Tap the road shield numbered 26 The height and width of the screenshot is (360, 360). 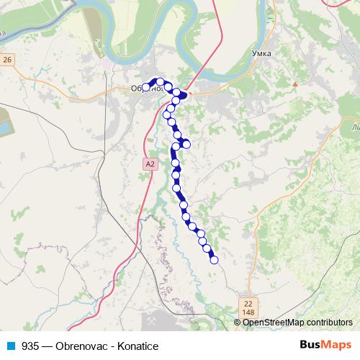[x=8, y=59]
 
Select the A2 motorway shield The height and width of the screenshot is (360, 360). [x=149, y=164]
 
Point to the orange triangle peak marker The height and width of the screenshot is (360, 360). [x=294, y=84]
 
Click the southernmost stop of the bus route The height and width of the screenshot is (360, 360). [x=214, y=260]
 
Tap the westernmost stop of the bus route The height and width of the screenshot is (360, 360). [x=146, y=87]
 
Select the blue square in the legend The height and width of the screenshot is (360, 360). [x=11, y=346]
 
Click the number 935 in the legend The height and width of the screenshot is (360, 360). [x=31, y=346]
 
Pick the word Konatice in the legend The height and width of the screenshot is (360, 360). [x=136, y=346]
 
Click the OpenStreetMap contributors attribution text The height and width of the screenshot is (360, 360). [x=297, y=323]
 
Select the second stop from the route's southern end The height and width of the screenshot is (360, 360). [x=208, y=249]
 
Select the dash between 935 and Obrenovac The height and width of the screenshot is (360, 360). [x=47, y=346]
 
